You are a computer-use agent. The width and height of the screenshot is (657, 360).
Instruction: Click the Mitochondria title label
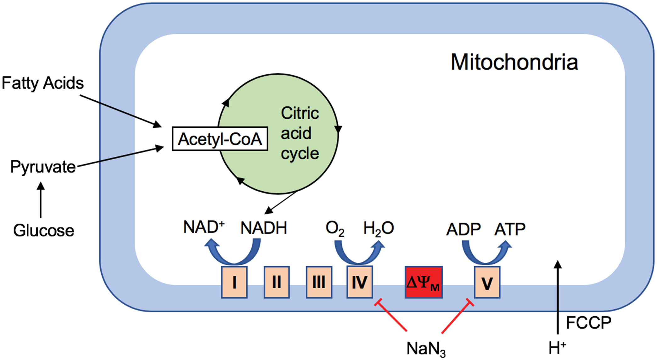click(514, 62)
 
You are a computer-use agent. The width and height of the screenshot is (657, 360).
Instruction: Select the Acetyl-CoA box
click(220, 139)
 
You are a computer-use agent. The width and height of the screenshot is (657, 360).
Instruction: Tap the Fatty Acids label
click(42, 83)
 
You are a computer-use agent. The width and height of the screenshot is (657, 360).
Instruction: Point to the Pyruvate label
click(43, 166)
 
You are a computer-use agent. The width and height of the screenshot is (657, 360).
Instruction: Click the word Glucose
click(44, 230)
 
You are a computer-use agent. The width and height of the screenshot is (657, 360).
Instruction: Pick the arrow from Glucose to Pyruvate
click(41, 200)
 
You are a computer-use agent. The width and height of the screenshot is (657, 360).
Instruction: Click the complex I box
click(234, 282)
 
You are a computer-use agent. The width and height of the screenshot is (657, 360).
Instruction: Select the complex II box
click(277, 282)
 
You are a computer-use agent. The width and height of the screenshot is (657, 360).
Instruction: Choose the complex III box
click(319, 282)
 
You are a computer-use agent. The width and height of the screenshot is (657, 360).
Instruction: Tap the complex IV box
click(360, 282)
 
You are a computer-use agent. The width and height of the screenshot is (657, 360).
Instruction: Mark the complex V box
click(487, 282)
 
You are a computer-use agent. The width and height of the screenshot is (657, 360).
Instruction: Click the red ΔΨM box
click(424, 282)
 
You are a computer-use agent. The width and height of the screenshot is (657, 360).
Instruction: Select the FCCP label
click(588, 323)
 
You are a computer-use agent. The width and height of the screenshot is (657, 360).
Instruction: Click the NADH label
click(264, 228)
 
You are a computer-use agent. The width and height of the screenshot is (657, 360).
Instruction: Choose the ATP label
click(510, 229)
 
